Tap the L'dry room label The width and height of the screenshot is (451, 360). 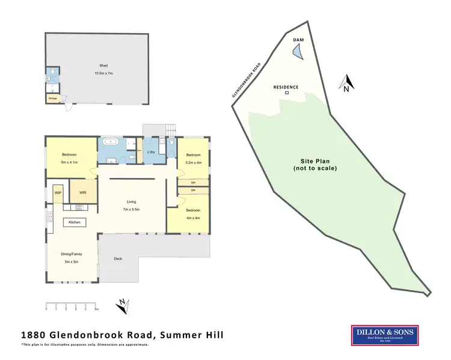pyautogui.click(x=152, y=152)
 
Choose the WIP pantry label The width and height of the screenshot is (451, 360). pyautogui.click(x=58, y=193)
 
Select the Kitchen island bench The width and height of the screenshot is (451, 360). pyautogui.click(x=75, y=222)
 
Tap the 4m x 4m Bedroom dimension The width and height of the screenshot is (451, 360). pyautogui.click(x=191, y=217)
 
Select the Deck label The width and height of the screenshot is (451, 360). pyautogui.click(x=119, y=259)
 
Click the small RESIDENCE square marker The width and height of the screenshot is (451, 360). pyautogui.click(x=286, y=93)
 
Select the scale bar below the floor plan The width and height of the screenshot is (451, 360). pyautogui.click(x=71, y=307)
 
